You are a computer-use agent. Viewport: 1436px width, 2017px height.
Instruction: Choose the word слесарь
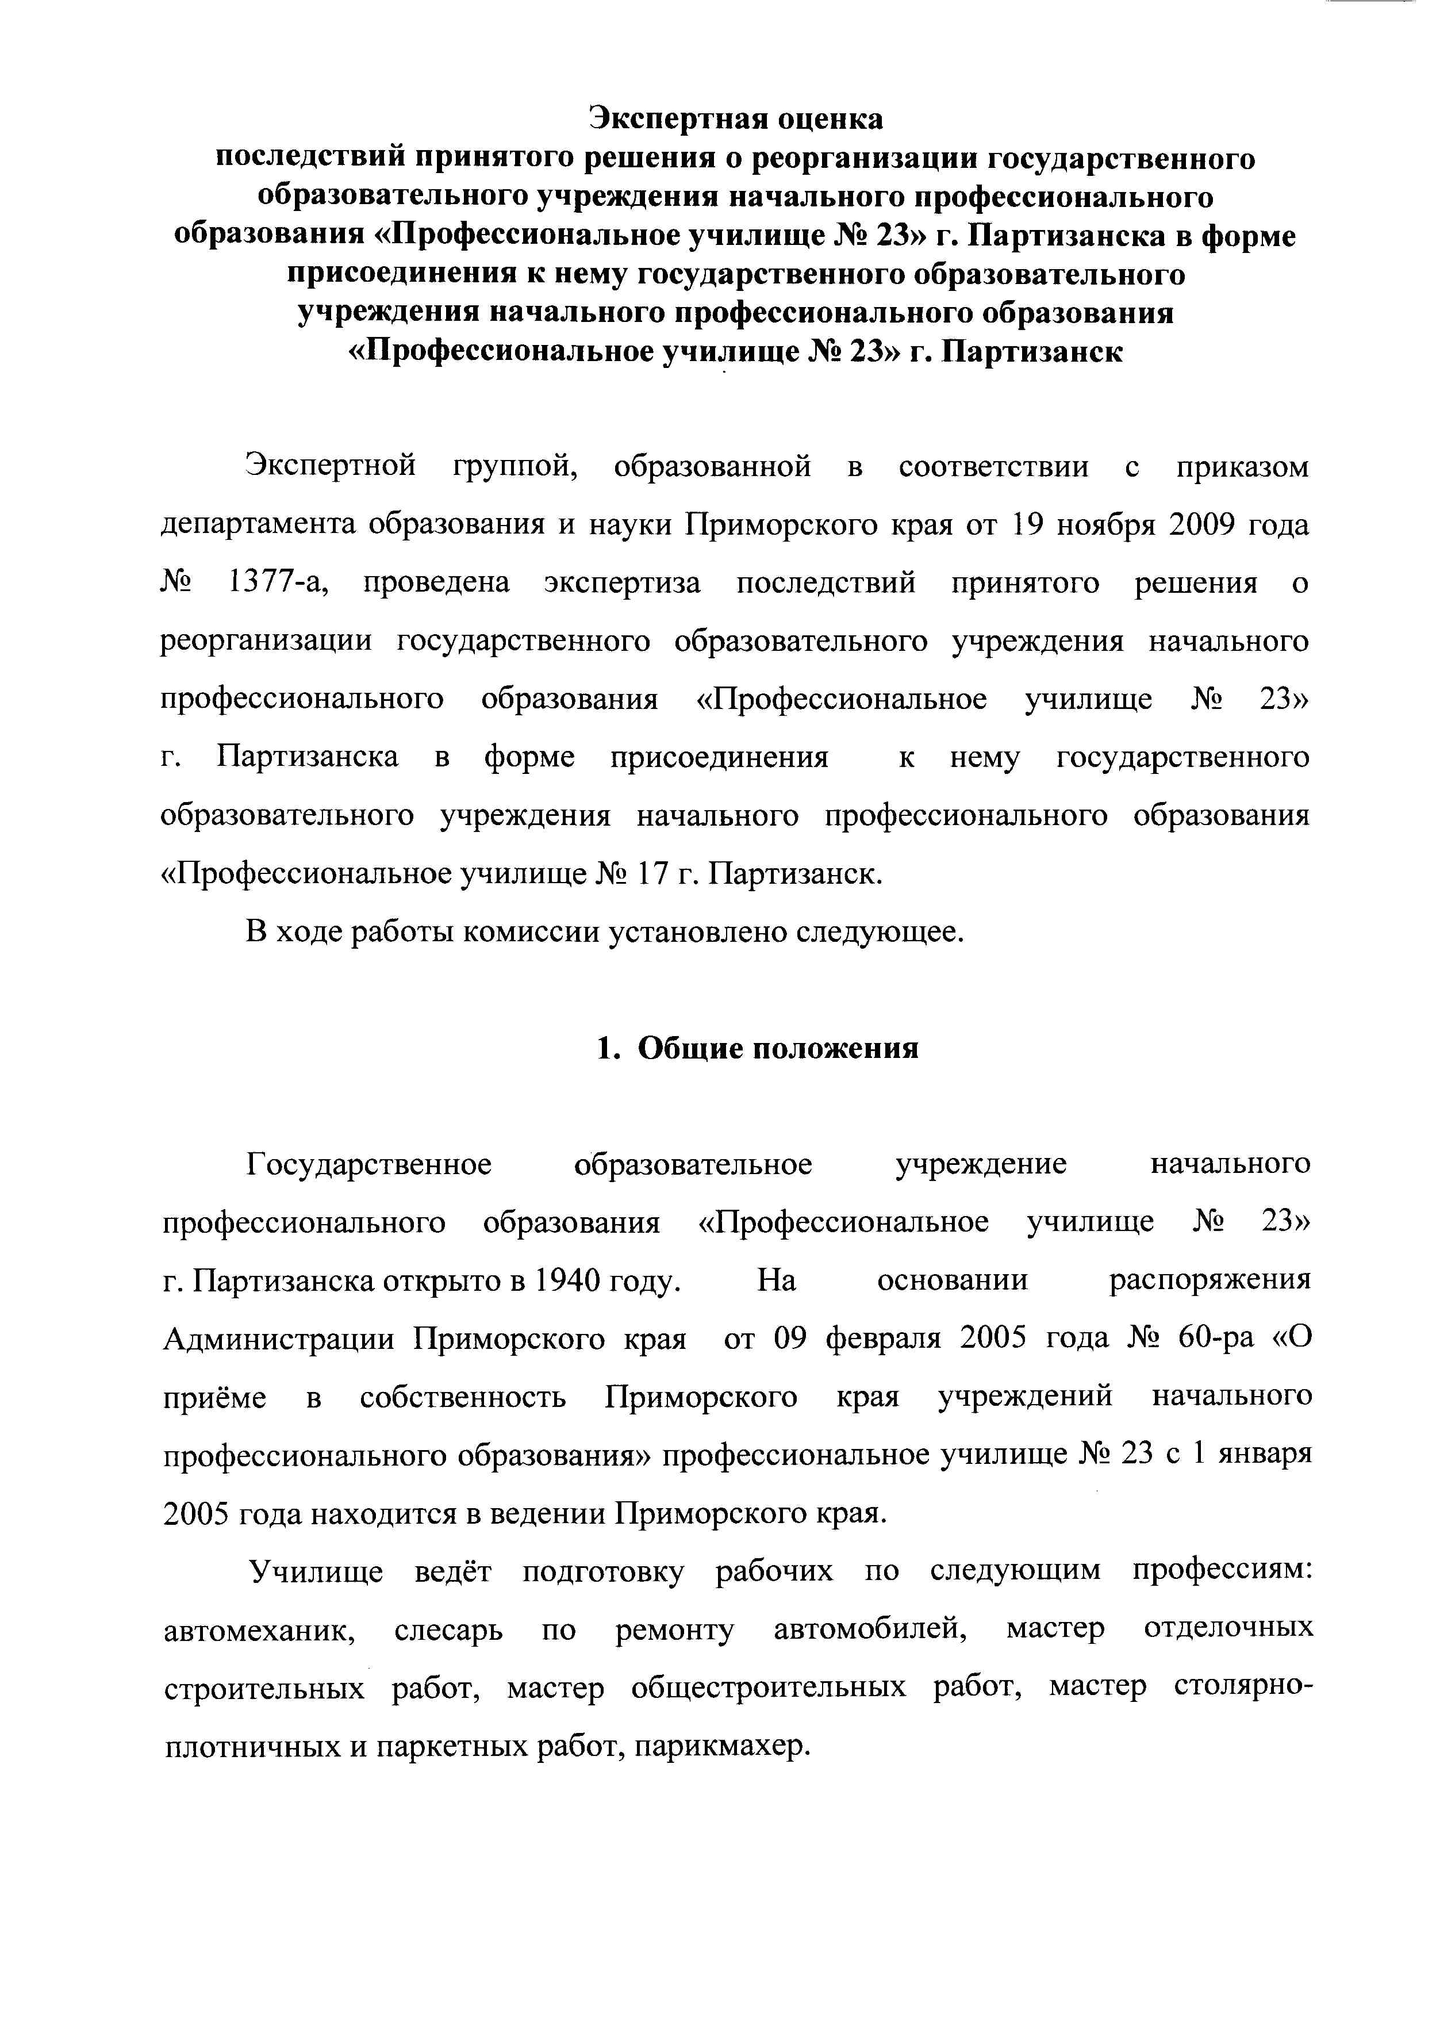[x=448, y=1629]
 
